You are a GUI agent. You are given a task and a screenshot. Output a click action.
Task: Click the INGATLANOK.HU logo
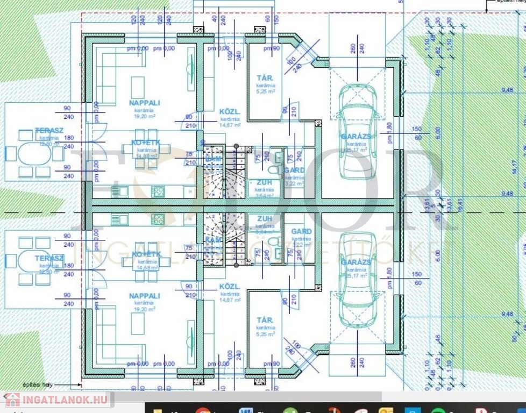click(56, 400)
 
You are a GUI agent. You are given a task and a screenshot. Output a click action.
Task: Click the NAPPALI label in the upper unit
click(145, 102)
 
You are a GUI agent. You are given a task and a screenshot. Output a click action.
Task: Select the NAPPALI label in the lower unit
click(145, 296)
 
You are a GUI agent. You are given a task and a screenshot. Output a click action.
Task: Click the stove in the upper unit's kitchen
click(158, 190)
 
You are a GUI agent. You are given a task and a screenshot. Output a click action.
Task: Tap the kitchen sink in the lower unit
click(119, 219)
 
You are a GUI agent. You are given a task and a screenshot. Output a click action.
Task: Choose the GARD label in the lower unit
click(301, 232)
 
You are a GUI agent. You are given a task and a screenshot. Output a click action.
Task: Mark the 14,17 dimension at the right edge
click(515, 168)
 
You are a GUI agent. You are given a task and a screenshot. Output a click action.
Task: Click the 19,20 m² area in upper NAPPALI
click(145, 115)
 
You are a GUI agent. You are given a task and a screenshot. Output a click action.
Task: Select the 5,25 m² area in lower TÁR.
click(265, 334)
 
